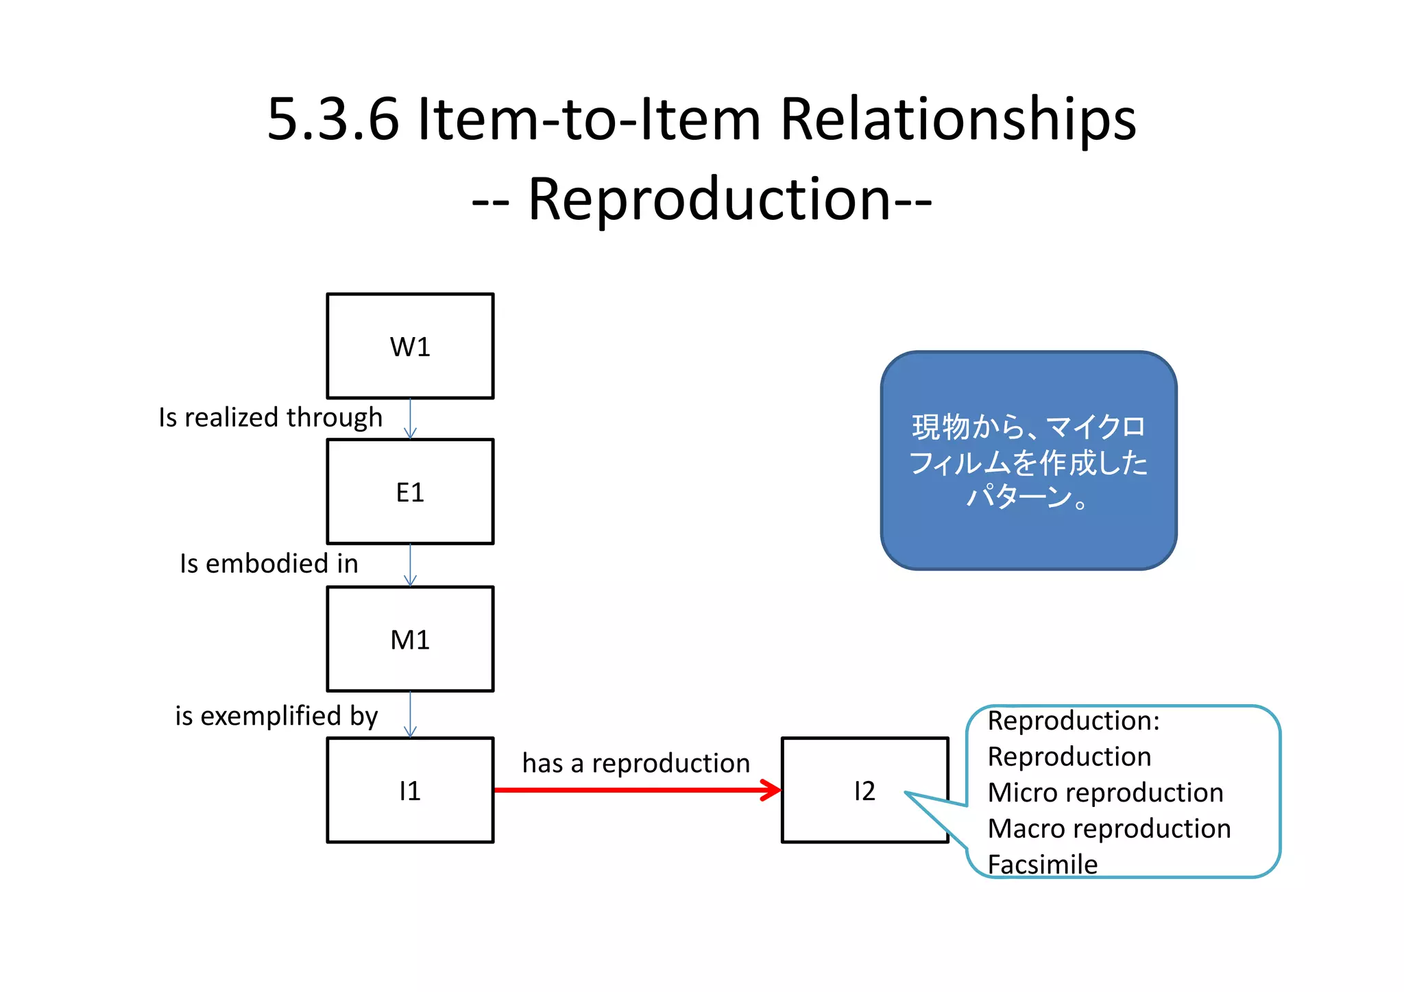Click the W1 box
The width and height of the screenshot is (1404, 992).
(410, 347)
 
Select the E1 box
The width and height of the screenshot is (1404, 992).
(410, 492)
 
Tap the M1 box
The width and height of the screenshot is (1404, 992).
(410, 639)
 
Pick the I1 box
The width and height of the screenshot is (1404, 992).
(410, 791)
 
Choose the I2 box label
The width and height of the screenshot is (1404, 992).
(864, 791)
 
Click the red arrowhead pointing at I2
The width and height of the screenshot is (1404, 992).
(773, 791)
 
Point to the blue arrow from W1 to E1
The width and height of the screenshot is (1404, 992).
(410, 419)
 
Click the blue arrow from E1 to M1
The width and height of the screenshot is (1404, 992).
(410, 565)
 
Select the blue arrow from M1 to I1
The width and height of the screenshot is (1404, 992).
(410, 715)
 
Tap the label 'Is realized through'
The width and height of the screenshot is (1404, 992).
(270, 417)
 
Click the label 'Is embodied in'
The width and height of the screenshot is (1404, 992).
(269, 564)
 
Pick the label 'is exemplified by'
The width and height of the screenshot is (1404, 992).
(276, 716)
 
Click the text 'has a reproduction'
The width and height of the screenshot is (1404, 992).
(636, 763)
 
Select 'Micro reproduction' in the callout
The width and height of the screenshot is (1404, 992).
(1105, 793)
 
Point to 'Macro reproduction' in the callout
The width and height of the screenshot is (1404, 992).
(1109, 829)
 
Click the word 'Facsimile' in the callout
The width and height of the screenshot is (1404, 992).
(1042, 865)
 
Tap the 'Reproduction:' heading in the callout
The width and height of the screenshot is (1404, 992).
(1073, 721)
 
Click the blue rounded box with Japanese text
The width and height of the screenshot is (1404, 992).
(1028, 460)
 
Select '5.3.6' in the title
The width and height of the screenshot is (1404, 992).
(332, 119)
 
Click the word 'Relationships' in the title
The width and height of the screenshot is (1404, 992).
(958, 119)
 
